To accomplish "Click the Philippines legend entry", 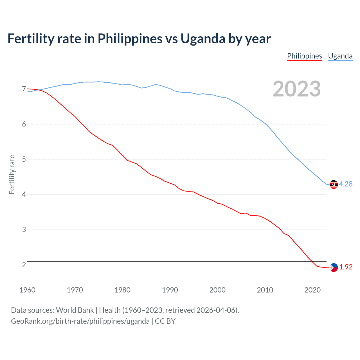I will [x=304, y=56].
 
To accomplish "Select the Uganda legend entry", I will [x=340, y=56].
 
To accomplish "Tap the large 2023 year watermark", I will [x=296, y=89].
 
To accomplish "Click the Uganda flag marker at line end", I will [x=334, y=184].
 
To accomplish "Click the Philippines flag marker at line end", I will [x=334, y=267].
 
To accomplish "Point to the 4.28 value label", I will [x=346, y=184].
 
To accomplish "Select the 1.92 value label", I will [x=346, y=267].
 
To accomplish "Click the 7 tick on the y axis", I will [x=24, y=89].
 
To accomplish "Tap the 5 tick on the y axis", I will [x=24, y=159].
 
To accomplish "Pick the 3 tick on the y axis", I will [x=24, y=230].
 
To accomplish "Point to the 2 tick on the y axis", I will [x=24, y=265].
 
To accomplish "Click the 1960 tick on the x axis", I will [x=27, y=290].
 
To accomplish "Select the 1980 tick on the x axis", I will [x=122, y=290].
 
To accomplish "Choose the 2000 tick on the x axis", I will [x=217, y=290].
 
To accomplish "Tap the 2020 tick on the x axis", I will [x=312, y=290].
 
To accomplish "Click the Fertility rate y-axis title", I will [x=12, y=174].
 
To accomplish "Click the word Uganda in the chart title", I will [x=202, y=39].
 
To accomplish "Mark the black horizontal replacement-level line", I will [x=169, y=261].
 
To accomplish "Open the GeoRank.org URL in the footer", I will [x=80, y=321].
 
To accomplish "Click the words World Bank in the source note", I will [x=75, y=310].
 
